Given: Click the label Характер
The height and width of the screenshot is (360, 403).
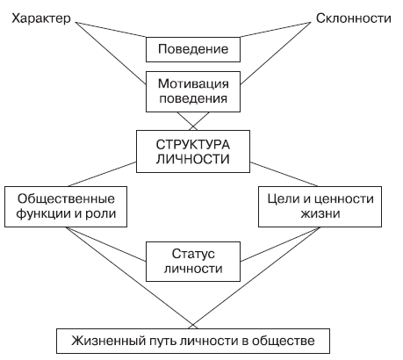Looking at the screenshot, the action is (x=41, y=18).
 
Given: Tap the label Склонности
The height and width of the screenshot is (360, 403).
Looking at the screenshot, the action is (x=354, y=18).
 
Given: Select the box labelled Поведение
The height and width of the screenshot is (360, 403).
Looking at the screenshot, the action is (x=193, y=49).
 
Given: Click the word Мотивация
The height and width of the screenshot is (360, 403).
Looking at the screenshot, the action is (x=193, y=83).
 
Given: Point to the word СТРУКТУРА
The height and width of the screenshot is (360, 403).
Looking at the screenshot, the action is (x=193, y=145).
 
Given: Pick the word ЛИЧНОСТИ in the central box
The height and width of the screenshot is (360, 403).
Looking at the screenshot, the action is (x=193, y=159).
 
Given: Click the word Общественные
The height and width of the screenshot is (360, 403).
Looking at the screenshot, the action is (x=66, y=199).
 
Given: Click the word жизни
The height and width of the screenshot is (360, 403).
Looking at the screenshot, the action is (x=320, y=213).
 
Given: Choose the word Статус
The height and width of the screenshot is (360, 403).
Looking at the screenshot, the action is (x=193, y=254).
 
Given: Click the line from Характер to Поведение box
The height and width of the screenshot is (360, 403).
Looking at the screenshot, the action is (x=111, y=30).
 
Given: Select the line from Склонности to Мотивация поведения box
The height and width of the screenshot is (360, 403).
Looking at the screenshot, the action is (x=276, y=54).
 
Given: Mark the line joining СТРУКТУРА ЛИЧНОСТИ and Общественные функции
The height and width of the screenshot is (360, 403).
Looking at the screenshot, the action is (x=102, y=174).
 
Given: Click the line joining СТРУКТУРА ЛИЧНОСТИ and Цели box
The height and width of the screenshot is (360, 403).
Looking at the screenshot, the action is (x=284, y=174).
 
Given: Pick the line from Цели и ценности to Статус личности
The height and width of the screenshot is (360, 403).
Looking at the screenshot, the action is (x=280, y=244).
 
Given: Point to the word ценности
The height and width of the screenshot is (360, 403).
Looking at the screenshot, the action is (x=344, y=199).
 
